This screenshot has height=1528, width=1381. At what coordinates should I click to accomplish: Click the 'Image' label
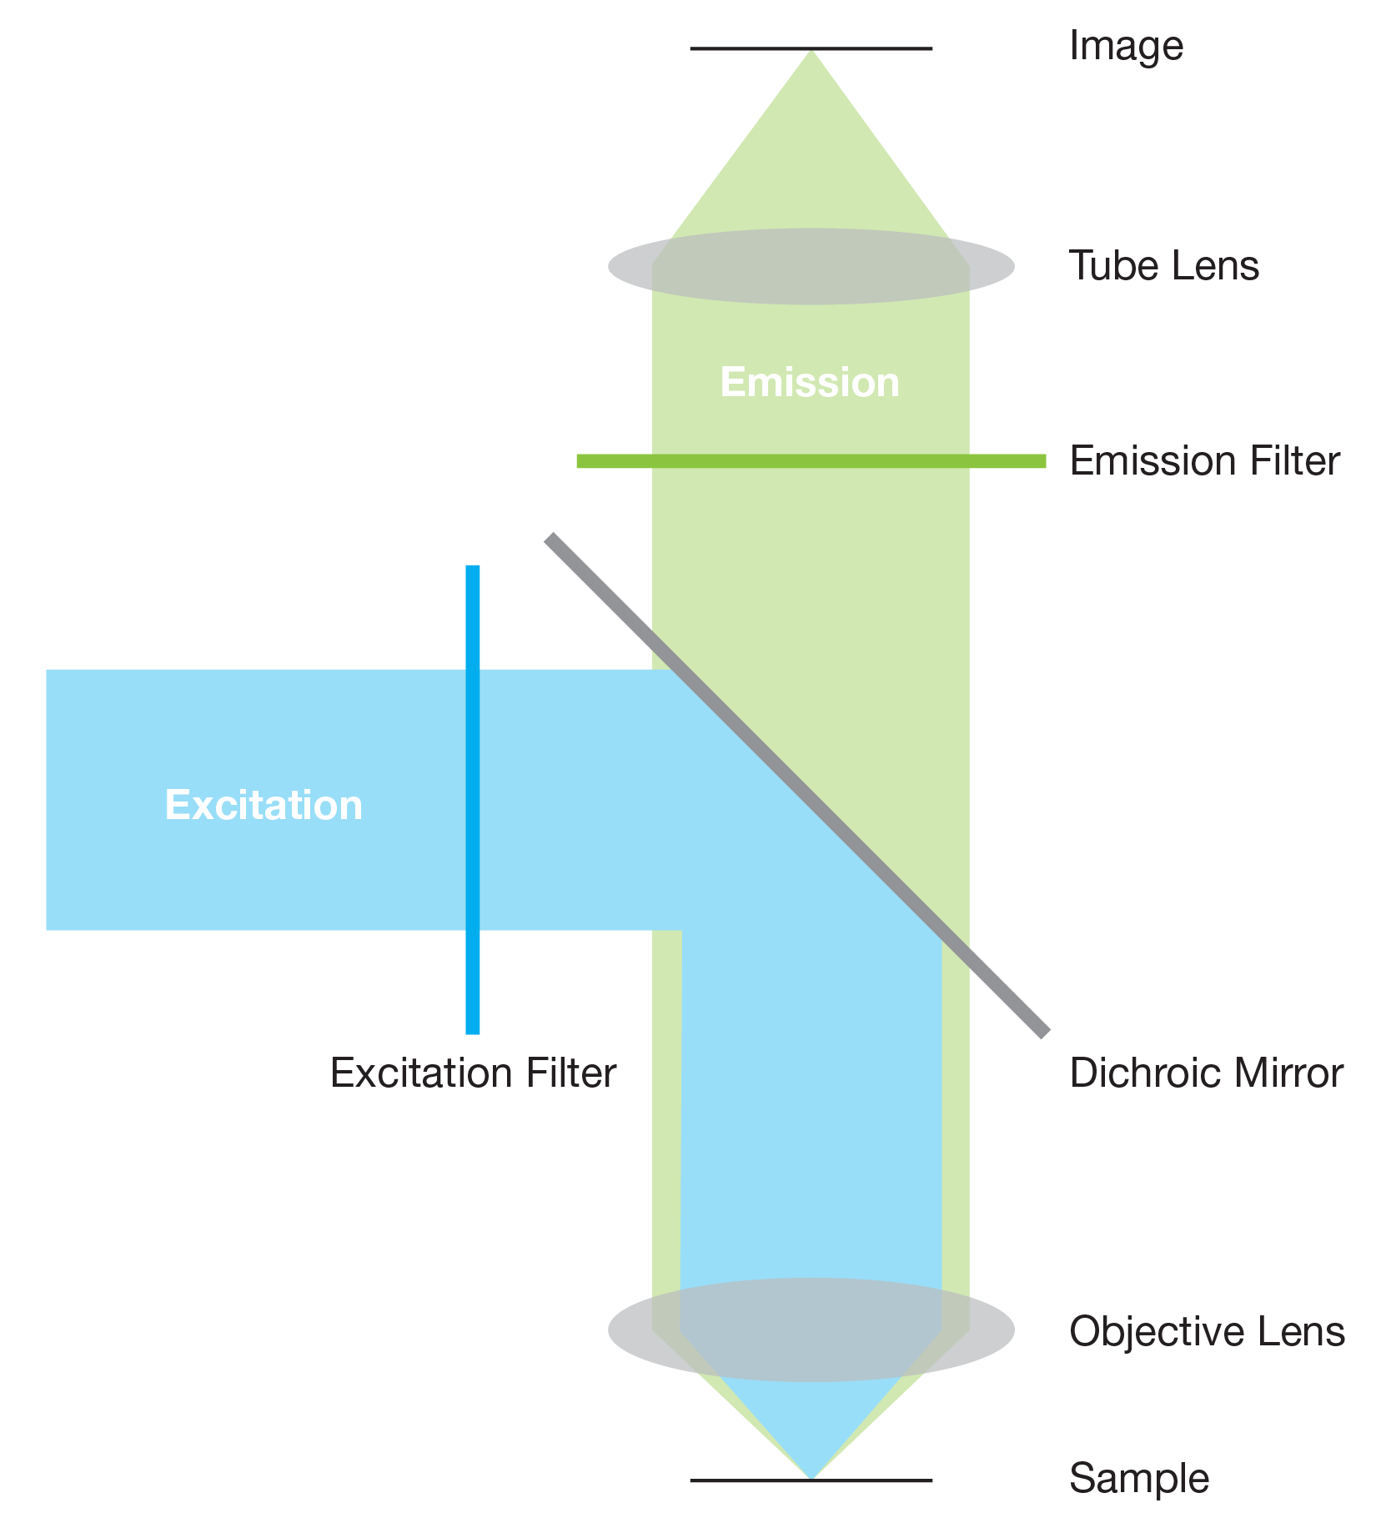[1126, 46]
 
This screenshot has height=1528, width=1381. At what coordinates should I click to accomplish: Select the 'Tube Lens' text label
[1164, 266]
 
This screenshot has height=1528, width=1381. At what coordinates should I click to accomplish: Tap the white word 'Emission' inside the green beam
[810, 383]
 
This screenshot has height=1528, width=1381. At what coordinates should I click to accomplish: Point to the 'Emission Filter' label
[1205, 461]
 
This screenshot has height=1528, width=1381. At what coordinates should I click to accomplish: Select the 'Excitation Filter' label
[473, 1073]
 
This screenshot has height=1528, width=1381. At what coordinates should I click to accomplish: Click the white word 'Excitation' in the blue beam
[264, 805]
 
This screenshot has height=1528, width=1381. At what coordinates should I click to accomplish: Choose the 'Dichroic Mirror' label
[1206, 1073]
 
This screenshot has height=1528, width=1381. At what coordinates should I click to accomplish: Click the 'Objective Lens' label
[1207, 1331]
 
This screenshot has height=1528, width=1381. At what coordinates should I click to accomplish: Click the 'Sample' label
[1139, 1479]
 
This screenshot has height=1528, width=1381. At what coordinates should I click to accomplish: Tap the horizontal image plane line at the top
[734, 49]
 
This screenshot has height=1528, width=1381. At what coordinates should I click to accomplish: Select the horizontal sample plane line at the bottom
[734, 1480]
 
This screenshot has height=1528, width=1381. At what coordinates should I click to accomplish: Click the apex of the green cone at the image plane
[811, 55]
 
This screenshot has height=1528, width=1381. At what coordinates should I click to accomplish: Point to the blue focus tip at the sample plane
[811, 1473]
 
